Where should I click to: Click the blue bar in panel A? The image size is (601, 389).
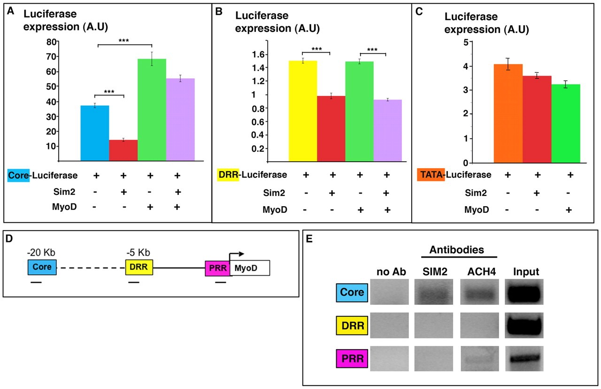[95, 133]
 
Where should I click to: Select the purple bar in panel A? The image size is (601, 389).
[180, 120]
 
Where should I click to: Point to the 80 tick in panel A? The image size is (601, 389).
[50, 41]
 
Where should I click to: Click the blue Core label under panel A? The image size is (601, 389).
[19, 175]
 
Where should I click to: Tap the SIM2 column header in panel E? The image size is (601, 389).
[433, 271]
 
